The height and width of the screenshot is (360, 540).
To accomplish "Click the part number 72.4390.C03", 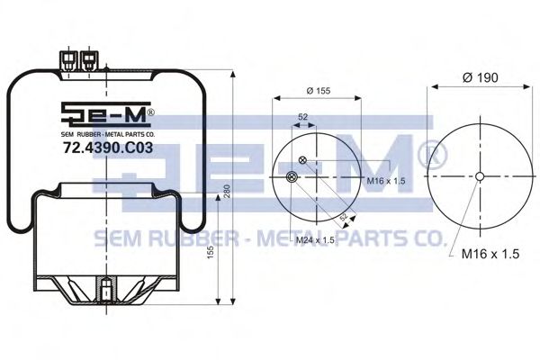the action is click(108, 148).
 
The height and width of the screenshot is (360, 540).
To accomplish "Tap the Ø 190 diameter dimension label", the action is click(481, 78).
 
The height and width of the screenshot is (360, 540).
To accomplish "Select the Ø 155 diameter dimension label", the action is click(319, 91).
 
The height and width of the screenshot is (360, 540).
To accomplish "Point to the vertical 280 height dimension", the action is click(227, 192).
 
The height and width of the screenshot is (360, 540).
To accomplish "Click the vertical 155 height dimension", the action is click(211, 253).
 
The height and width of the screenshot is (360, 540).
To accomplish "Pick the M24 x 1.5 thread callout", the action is click(316, 240).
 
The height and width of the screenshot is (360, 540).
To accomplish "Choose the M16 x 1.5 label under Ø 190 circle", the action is click(490, 254).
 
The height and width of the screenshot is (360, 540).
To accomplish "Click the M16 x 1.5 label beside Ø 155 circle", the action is click(386, 181).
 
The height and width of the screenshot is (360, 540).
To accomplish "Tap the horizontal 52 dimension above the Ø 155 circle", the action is click(302, 117).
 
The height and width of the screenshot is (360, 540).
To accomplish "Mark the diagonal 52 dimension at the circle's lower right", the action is click(344, 218).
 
